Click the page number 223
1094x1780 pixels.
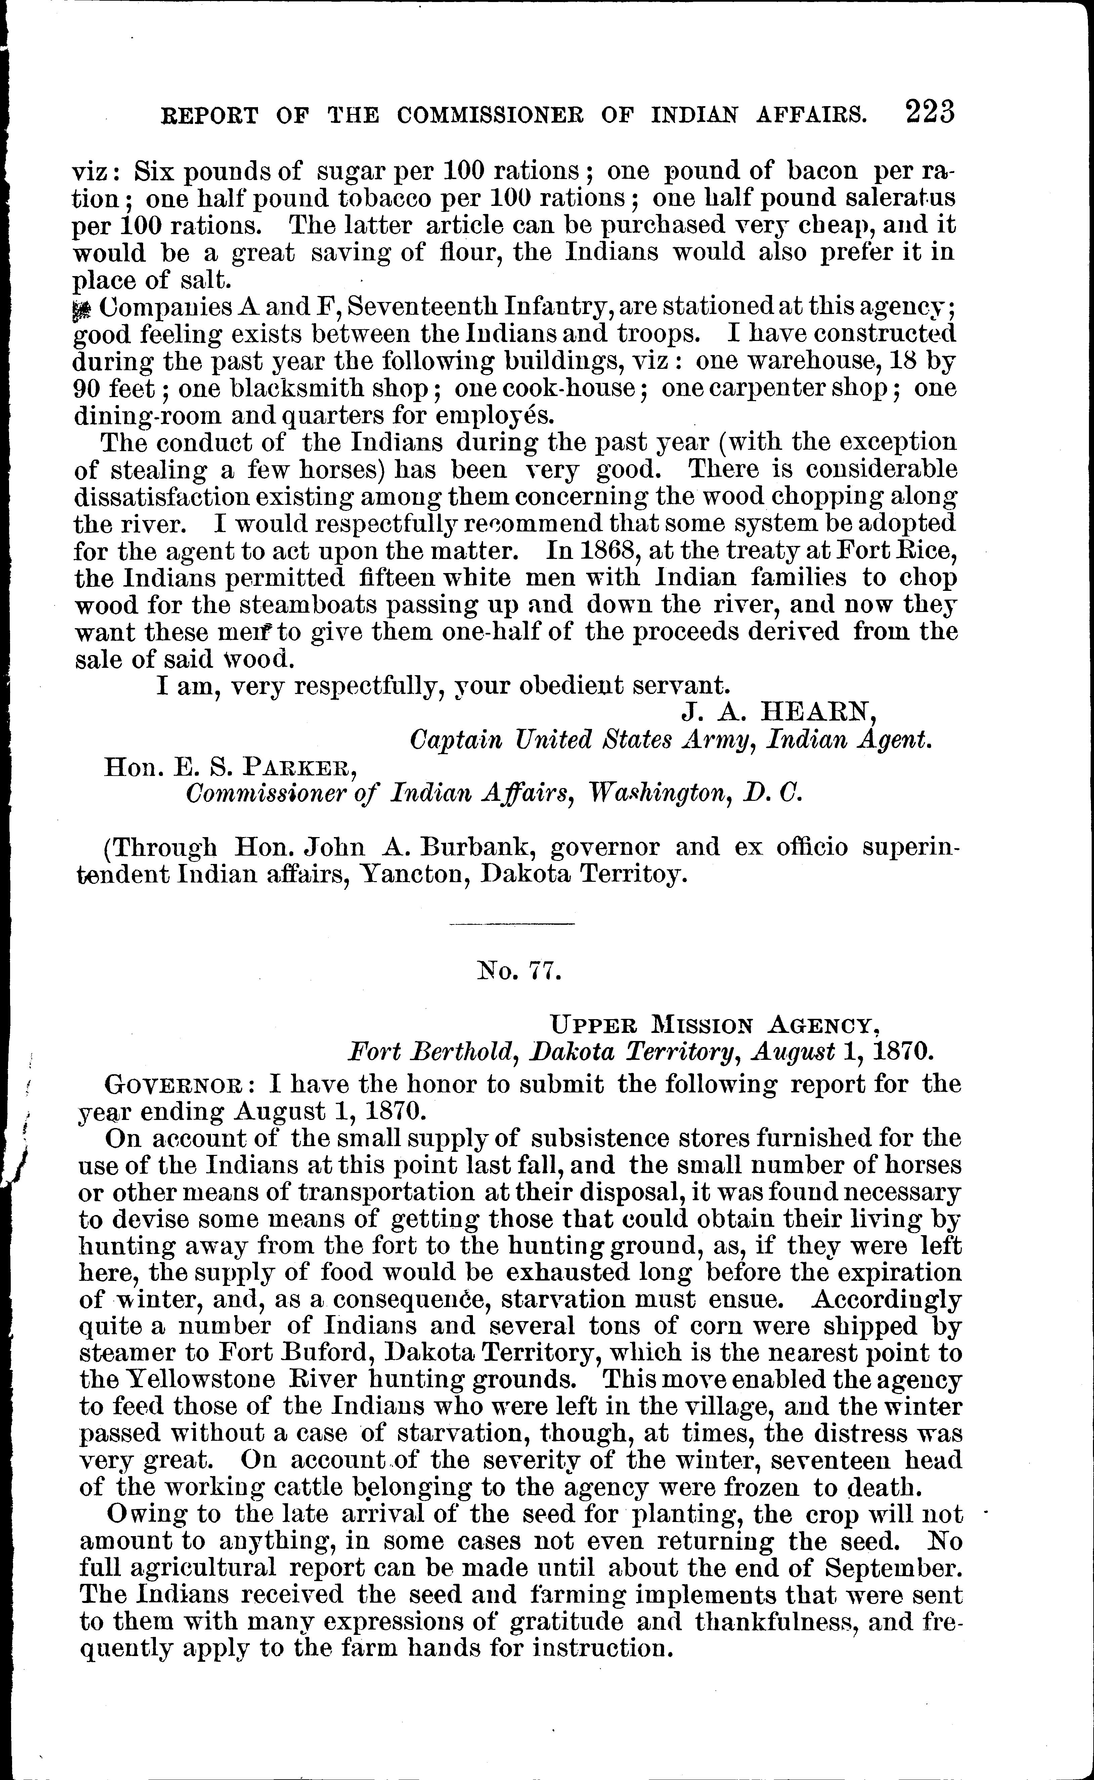[930, 114]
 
